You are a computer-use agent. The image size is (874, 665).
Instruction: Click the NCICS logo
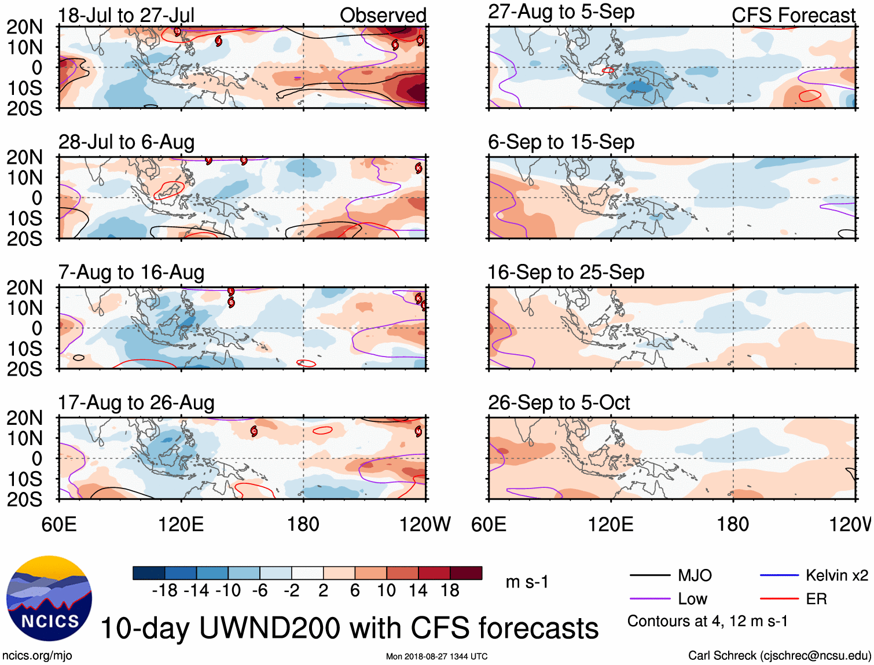coord(49,598)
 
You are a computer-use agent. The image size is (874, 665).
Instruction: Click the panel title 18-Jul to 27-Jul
coord(126,15)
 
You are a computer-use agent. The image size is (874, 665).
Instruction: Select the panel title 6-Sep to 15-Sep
coord(561,142)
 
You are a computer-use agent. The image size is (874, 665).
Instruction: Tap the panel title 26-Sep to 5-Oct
coord(559,402)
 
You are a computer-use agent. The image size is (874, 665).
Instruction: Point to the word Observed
coord(383,15)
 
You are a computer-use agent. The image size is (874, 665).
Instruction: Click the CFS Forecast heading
coord(793,15)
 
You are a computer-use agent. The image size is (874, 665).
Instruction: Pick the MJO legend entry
coord(694,575)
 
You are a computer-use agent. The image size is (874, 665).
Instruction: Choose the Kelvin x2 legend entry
coord(836,575)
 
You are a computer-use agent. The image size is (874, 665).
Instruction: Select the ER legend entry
coord(816,599)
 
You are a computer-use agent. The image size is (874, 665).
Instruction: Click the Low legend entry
coord(692,599)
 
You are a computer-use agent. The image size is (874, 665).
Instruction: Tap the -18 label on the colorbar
coord(164,590)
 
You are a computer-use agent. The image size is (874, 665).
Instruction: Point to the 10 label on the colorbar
coord(386,590)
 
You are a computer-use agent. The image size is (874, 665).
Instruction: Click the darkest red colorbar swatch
coord(466,573)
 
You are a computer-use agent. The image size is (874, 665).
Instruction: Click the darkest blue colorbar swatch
coord(149,573)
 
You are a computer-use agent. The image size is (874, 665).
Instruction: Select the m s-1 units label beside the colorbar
coord(527,582)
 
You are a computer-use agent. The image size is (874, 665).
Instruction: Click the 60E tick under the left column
coord(59,524)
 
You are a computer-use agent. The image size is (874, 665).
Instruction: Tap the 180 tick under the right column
coord(733,524)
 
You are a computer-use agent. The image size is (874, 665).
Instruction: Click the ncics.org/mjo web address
coord(37,655)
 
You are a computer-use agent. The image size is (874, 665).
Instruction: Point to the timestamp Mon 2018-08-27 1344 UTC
coord(436,656)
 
